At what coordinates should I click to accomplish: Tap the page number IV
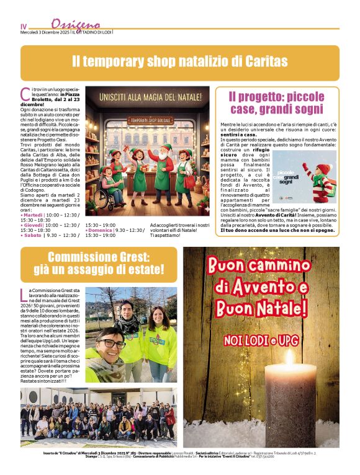24,27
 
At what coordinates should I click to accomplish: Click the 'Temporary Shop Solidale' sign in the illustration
148,120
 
